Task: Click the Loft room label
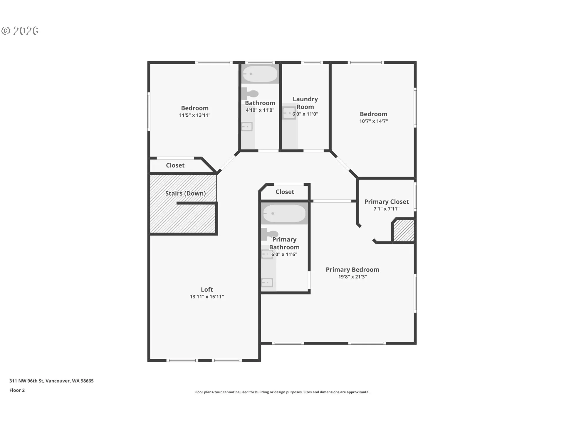coord(207,290)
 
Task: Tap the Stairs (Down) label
coord(185,193)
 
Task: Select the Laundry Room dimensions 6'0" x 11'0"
coord(305,114)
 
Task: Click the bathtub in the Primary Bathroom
coord(284,214)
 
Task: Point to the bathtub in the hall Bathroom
coord(260,74)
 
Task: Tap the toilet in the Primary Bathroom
coord(269,234)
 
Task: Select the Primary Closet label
coord(386,202)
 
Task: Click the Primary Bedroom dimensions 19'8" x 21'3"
coord(352,277)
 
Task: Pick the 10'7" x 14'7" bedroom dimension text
coord(374,121)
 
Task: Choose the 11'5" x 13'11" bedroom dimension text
coord(195,115)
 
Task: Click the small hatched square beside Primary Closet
coord(404,231)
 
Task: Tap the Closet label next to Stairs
coord(175,165)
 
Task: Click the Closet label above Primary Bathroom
coord(285,192)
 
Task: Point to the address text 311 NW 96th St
coord(27,381)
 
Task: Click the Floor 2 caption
coord(17,390)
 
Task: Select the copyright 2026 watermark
coord(20,31)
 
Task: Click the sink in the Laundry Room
coord(289,113)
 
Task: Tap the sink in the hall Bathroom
coord(247,127)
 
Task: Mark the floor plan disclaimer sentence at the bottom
coord(282,392)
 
